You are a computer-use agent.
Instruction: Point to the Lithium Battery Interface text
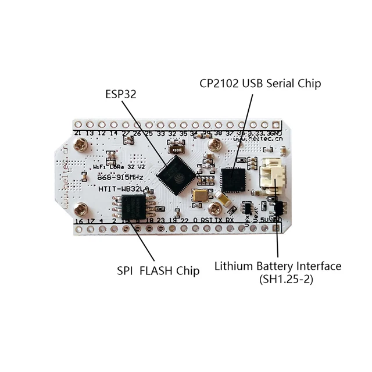[278, 266]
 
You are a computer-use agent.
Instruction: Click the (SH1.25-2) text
[278, 279]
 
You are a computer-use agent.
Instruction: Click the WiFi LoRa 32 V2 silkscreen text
[118, 166]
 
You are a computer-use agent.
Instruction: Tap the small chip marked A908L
[174, 147]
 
